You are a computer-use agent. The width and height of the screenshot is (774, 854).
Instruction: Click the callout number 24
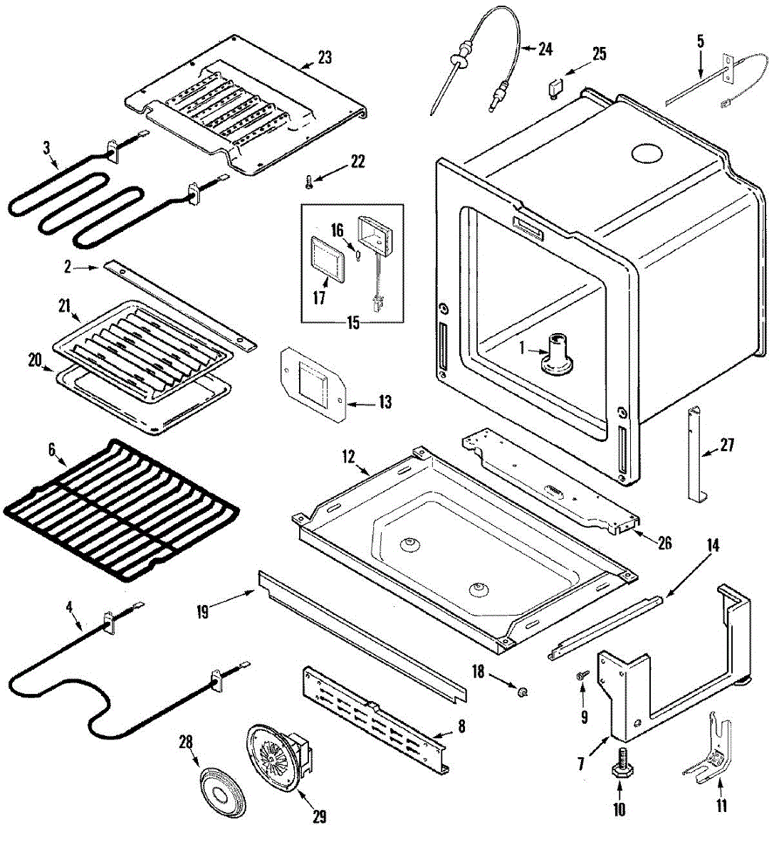coord(545,49)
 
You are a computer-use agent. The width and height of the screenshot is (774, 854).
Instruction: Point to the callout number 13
coord(385,404)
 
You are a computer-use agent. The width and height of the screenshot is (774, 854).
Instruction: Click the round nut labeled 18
coord(522,690)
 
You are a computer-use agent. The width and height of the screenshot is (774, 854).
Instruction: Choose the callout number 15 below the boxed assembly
coord(353,322)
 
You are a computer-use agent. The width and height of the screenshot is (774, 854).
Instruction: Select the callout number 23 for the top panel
coord(325,57)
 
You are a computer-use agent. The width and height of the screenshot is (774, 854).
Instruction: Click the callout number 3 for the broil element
coord(47,148)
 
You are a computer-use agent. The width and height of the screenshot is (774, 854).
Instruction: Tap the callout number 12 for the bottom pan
coord(348,457)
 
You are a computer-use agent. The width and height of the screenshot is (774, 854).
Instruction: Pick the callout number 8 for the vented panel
coord(461,727)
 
